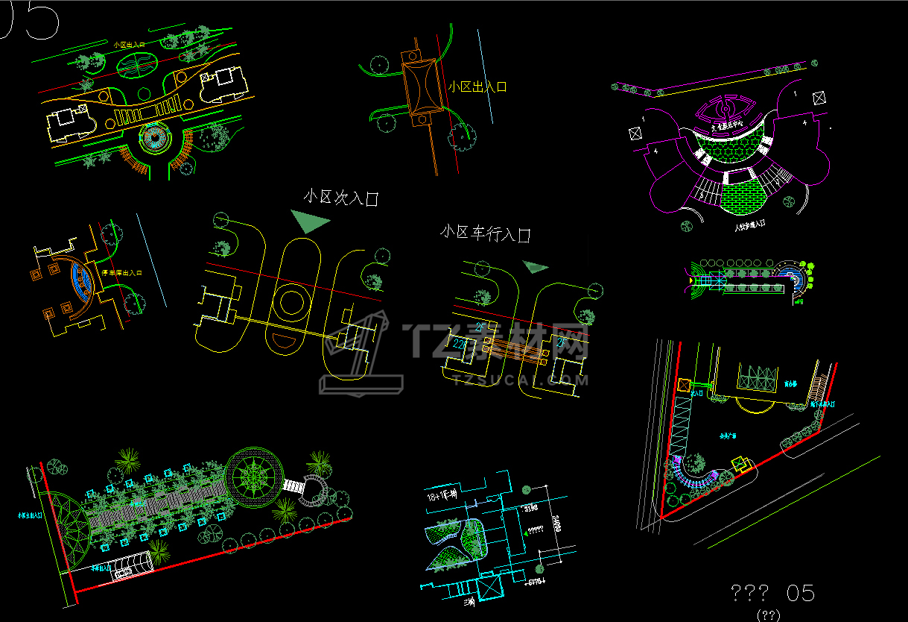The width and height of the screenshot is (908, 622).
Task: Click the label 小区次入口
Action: tap(341, 198)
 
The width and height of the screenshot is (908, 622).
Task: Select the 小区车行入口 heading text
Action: tap(485, 233)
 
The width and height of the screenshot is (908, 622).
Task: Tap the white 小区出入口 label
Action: tap(477, 87)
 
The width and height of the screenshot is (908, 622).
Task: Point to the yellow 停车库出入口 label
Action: tap(125, 274)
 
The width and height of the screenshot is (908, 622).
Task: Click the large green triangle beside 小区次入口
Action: tap(308, 221)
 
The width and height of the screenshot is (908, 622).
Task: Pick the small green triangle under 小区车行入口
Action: tap(535, 266)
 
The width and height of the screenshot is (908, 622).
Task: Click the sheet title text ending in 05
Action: tap(772, 594)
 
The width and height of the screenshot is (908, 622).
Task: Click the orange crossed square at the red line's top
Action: tap(684, 385)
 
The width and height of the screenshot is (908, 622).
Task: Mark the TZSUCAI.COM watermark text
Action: tap(520, 380)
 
